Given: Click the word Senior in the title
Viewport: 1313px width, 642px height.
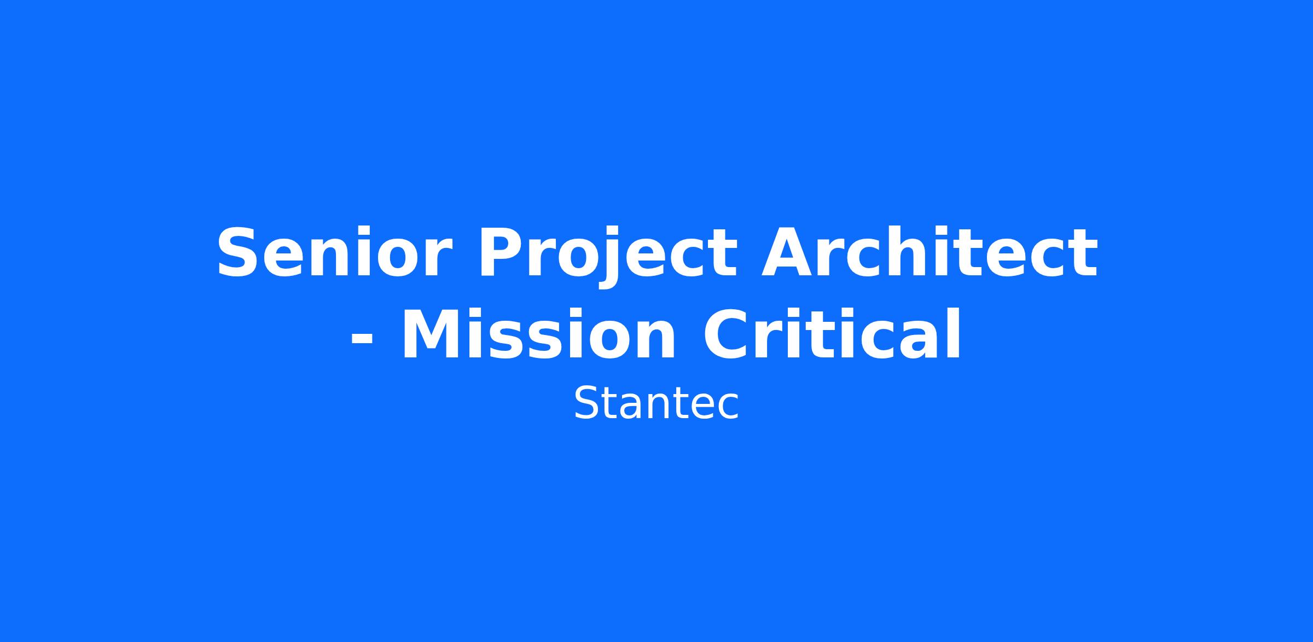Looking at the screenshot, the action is (x=335, y=253).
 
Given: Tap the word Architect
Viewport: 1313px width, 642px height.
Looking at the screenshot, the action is (x=929, y=252).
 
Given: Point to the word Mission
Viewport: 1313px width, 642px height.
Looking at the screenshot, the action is (x=539, y=334).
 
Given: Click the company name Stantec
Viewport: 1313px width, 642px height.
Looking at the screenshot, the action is (x=656, y=403).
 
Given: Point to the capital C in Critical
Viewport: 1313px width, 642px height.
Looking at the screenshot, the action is (x=726, y=334).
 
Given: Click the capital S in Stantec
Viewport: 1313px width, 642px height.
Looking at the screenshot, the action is (x=588, y=403).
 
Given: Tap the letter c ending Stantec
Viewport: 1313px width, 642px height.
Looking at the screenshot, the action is (x=727, y=407).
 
